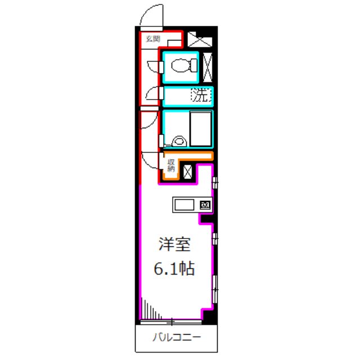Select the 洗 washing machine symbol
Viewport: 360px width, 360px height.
point(201,96)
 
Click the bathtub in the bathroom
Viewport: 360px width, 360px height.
point(201,129)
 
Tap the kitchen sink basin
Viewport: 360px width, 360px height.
point(184,205)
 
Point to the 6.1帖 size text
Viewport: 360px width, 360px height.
point(174,270)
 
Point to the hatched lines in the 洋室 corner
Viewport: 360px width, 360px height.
point(149,309)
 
